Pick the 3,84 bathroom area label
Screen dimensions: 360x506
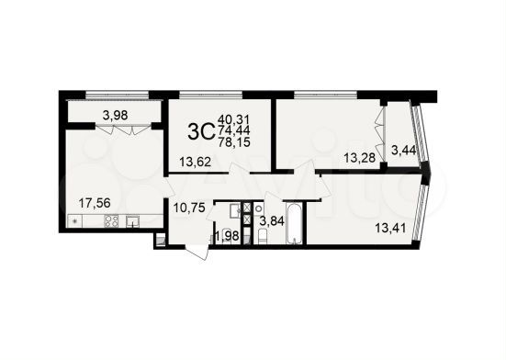tap(273, 219)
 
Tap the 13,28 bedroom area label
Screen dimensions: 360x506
tap(359, 158)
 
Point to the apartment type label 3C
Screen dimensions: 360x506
tap(201, 131)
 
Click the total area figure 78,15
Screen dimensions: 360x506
tap(233, 144)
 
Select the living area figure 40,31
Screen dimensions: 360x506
tap(233, 118)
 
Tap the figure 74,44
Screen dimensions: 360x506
tap(233, 131)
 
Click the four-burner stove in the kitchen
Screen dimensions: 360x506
tap(111, 220)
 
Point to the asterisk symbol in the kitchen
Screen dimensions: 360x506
tap(73, 221)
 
